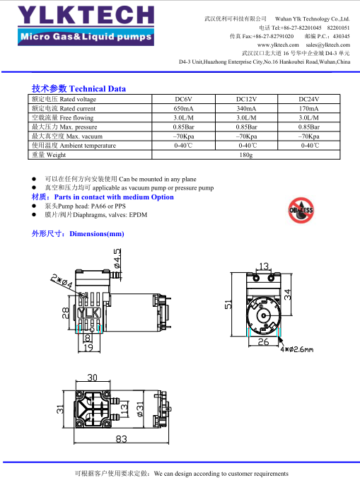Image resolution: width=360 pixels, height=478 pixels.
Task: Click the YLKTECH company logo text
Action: pos(86,16)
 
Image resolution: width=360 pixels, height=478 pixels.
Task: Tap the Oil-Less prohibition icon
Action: pos(301,210)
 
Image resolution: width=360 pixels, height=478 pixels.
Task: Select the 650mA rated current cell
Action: pos(183,108)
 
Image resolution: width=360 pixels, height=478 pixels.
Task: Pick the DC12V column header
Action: pos(246,99)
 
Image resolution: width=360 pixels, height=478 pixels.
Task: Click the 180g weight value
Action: pos(246,155)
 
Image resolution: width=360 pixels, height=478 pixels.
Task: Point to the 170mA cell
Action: pos(309,108)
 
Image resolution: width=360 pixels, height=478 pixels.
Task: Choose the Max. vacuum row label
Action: pos(67,136)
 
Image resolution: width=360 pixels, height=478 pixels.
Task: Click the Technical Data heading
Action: pos(79,88)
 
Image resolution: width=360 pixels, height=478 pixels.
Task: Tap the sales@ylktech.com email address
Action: pos(327,45)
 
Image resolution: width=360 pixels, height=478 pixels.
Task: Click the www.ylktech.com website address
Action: pos(278,45)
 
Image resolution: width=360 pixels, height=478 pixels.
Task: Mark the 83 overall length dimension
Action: pos(122,438)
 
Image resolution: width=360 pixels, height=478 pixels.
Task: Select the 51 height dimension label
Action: pos(228,305)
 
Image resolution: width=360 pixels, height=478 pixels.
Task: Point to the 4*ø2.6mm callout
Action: pos(297,349)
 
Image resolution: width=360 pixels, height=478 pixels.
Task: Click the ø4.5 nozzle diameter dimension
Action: pos(117,259)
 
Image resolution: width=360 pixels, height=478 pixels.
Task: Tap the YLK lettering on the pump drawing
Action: pos(88,313)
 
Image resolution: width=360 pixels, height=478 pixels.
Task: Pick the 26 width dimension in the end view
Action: pos(263,342)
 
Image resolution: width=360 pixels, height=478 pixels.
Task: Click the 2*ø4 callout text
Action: pos(62,281)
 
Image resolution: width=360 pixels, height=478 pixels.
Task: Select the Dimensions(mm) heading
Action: pos(78,234)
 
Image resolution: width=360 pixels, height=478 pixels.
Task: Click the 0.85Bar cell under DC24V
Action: pos(309,127)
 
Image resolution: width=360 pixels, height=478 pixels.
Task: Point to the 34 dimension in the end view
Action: pos(287,294)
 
